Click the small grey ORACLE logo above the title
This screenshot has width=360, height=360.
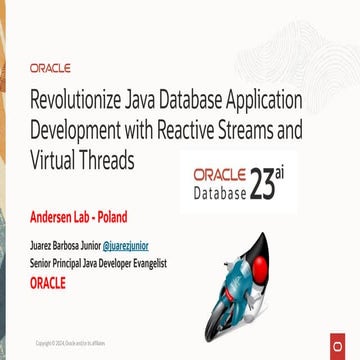(50, 69)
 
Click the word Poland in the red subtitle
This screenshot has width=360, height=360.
(138, 217)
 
